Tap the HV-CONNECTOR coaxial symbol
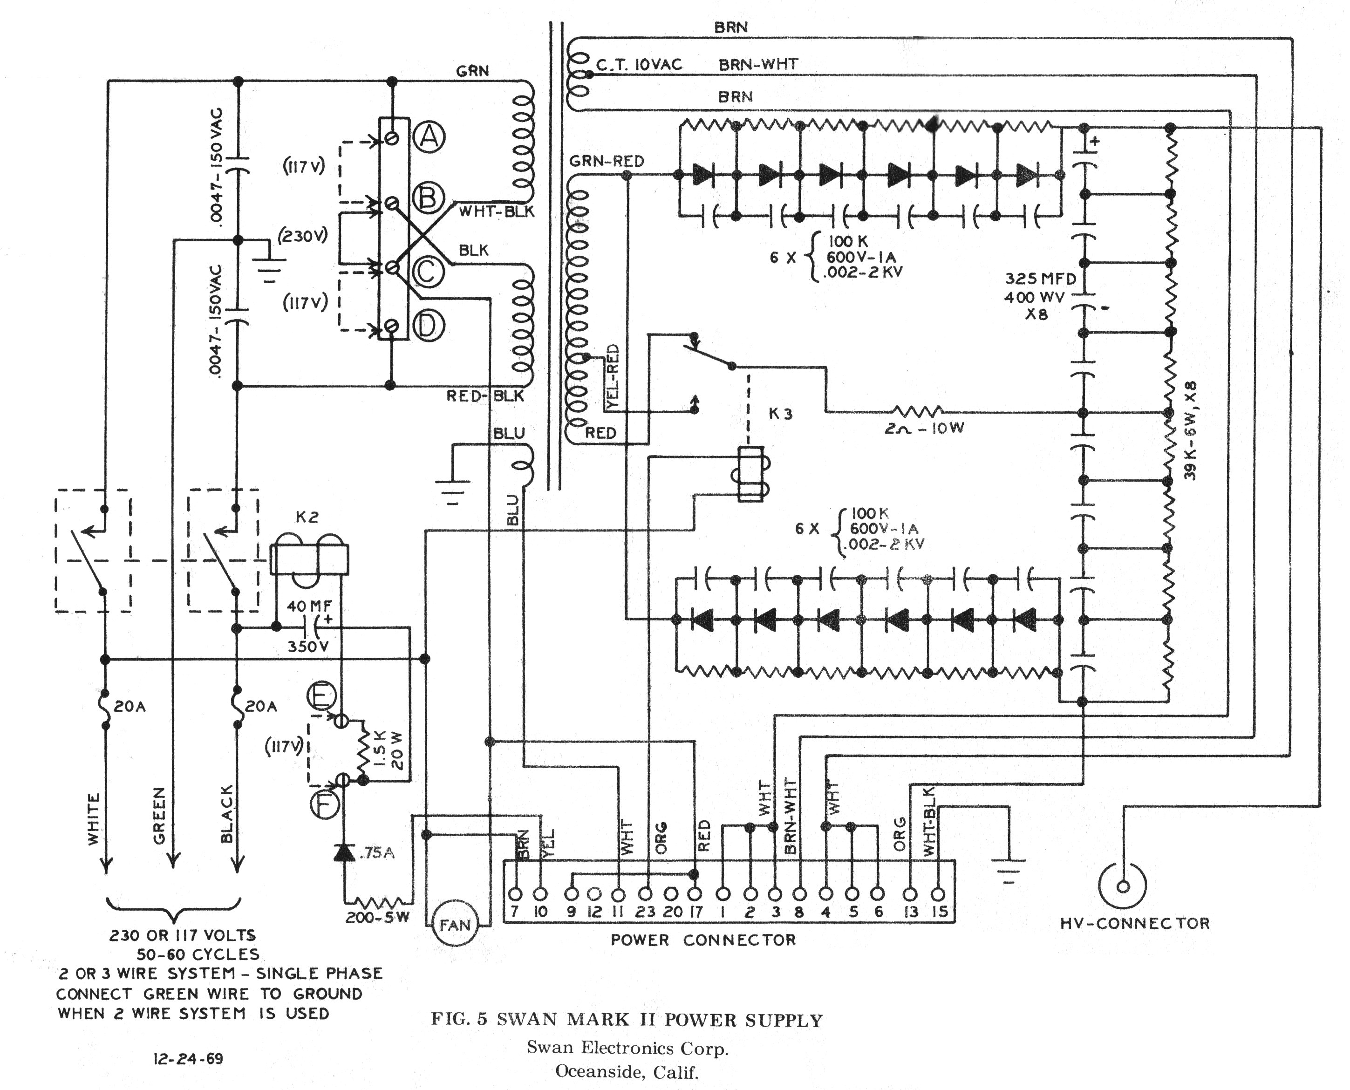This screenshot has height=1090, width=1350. coord(1123,886)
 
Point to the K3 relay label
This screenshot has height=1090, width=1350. coord(780,414)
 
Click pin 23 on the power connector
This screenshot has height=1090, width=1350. coord(645,893)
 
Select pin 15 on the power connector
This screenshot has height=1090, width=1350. coord(938,893)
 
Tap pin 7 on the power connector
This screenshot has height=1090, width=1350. coord(516,893)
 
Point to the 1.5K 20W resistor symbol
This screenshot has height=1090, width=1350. coord(363,751)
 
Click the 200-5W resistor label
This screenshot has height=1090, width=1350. coord(377,917)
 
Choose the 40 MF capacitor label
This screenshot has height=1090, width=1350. coord(309,606)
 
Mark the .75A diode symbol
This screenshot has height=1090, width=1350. coord(345,852)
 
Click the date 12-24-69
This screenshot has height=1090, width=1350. coord(188,1059)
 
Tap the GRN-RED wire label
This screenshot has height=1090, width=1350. coord(606,161)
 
